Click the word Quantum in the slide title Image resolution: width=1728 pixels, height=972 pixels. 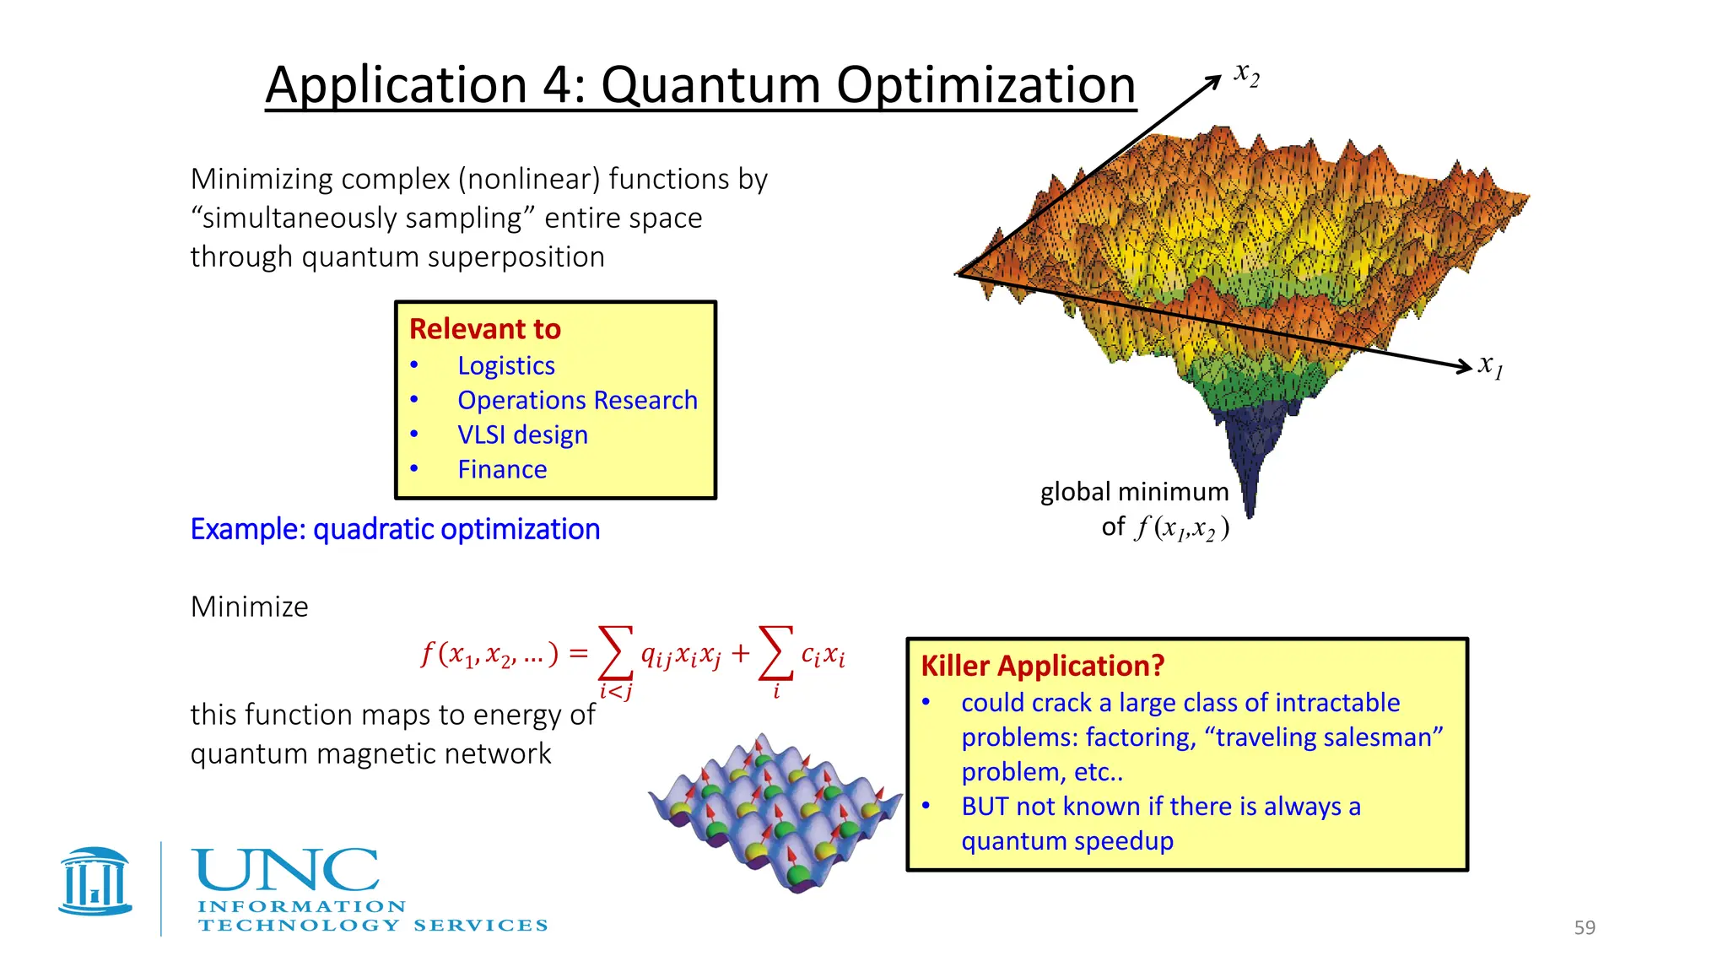710,85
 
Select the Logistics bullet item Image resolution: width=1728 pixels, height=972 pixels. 505,365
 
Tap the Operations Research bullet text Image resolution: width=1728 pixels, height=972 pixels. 577,400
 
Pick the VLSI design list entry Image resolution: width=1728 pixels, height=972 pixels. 522,435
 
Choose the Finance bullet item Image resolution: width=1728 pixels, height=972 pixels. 502,469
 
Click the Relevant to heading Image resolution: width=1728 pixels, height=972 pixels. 485,329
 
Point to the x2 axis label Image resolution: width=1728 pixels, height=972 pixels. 1246,74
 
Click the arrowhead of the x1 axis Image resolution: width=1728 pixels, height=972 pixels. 1465,365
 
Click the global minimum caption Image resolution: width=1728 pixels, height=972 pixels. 1134,492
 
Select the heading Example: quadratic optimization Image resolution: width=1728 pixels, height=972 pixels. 395,529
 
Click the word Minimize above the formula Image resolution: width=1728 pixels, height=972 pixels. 249,607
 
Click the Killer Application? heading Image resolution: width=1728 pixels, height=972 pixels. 1042,666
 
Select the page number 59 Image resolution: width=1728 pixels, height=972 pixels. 1585,927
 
